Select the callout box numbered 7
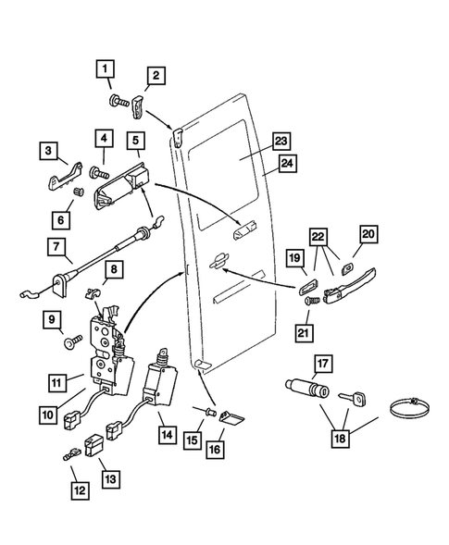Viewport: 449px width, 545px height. (x=57, y=247)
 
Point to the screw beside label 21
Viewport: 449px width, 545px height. (x=310, y=301)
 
